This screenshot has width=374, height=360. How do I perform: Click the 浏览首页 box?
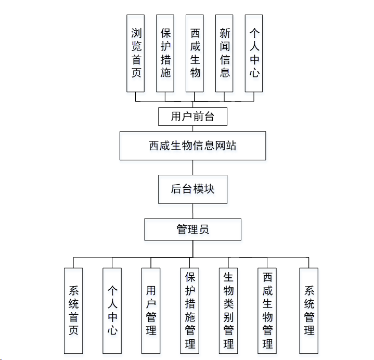136,53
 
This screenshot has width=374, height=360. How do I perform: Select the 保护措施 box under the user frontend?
165,53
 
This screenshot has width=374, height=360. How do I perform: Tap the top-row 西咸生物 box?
195,53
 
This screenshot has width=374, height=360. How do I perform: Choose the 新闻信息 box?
225,53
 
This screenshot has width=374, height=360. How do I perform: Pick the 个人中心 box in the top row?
254,53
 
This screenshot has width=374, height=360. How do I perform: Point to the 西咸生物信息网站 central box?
192,146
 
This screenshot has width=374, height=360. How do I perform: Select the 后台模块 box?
193,189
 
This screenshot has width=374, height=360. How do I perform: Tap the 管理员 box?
192,229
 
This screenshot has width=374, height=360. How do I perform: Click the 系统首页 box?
73,311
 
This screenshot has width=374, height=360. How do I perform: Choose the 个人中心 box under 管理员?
112,311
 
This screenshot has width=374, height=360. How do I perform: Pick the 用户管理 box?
151,311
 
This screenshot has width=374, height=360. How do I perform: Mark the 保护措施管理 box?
190,311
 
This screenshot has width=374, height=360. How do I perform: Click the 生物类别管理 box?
228,311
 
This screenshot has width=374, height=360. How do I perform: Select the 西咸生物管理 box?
267,311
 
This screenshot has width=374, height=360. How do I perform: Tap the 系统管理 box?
308,311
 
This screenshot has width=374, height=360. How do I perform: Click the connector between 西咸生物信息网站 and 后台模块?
193,168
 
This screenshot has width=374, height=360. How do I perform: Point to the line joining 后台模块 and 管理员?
193,211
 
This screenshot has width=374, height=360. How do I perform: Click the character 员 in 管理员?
204,229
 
